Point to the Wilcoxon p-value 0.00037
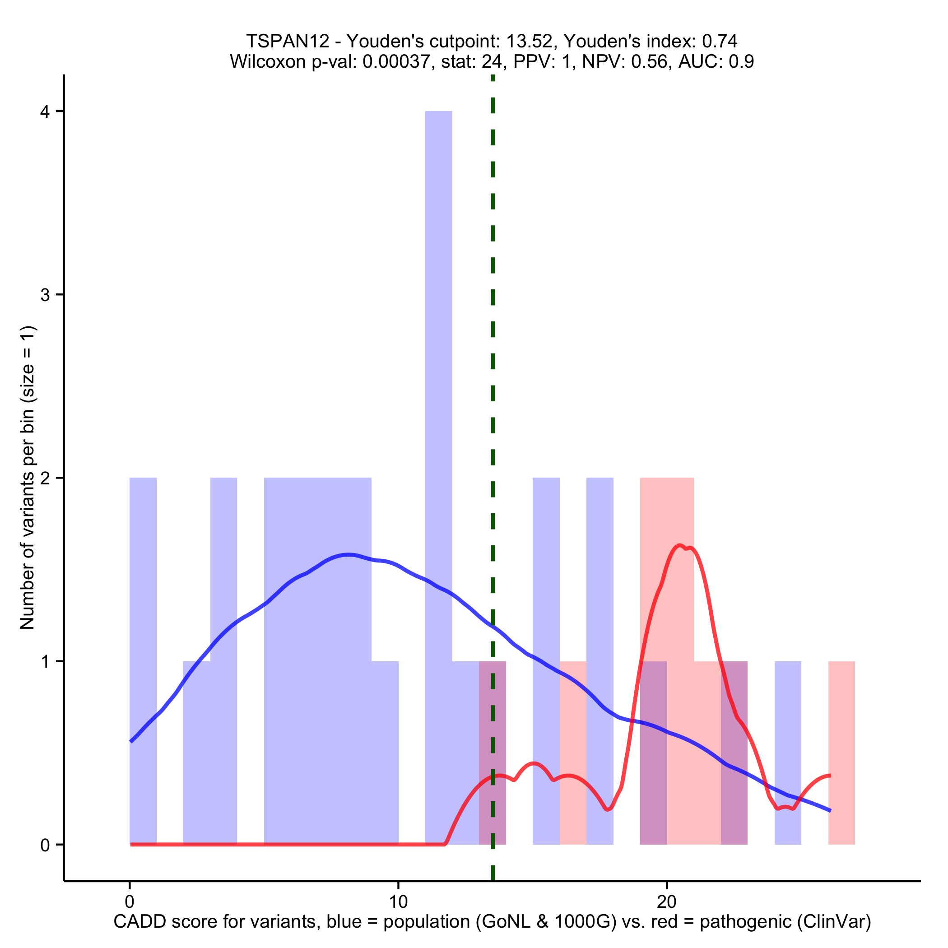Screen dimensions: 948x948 pos(396,62)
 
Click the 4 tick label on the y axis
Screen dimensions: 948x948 pos(45,112)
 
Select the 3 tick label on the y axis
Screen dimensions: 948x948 pos(45,295)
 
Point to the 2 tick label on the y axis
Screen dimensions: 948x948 pos(45,478)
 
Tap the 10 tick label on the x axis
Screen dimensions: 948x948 pos(398,902)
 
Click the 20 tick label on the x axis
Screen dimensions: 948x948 pos(666,902)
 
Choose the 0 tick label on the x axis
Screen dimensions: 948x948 pos(130,902)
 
